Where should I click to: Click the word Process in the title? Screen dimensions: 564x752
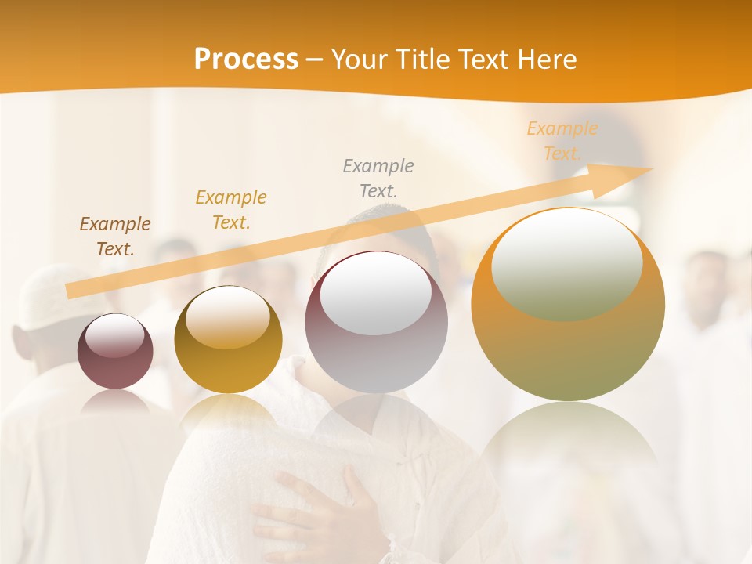click(x=246, y=60)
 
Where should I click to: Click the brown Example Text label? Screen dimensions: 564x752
click(x=115, y=237)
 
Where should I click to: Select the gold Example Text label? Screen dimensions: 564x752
click(x=231, y=210)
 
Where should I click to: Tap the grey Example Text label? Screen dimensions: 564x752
click(x=378, y=178)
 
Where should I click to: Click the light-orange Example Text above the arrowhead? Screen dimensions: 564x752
click(x=562, y=140)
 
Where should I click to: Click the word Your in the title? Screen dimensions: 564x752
click(x=359, y=60)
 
